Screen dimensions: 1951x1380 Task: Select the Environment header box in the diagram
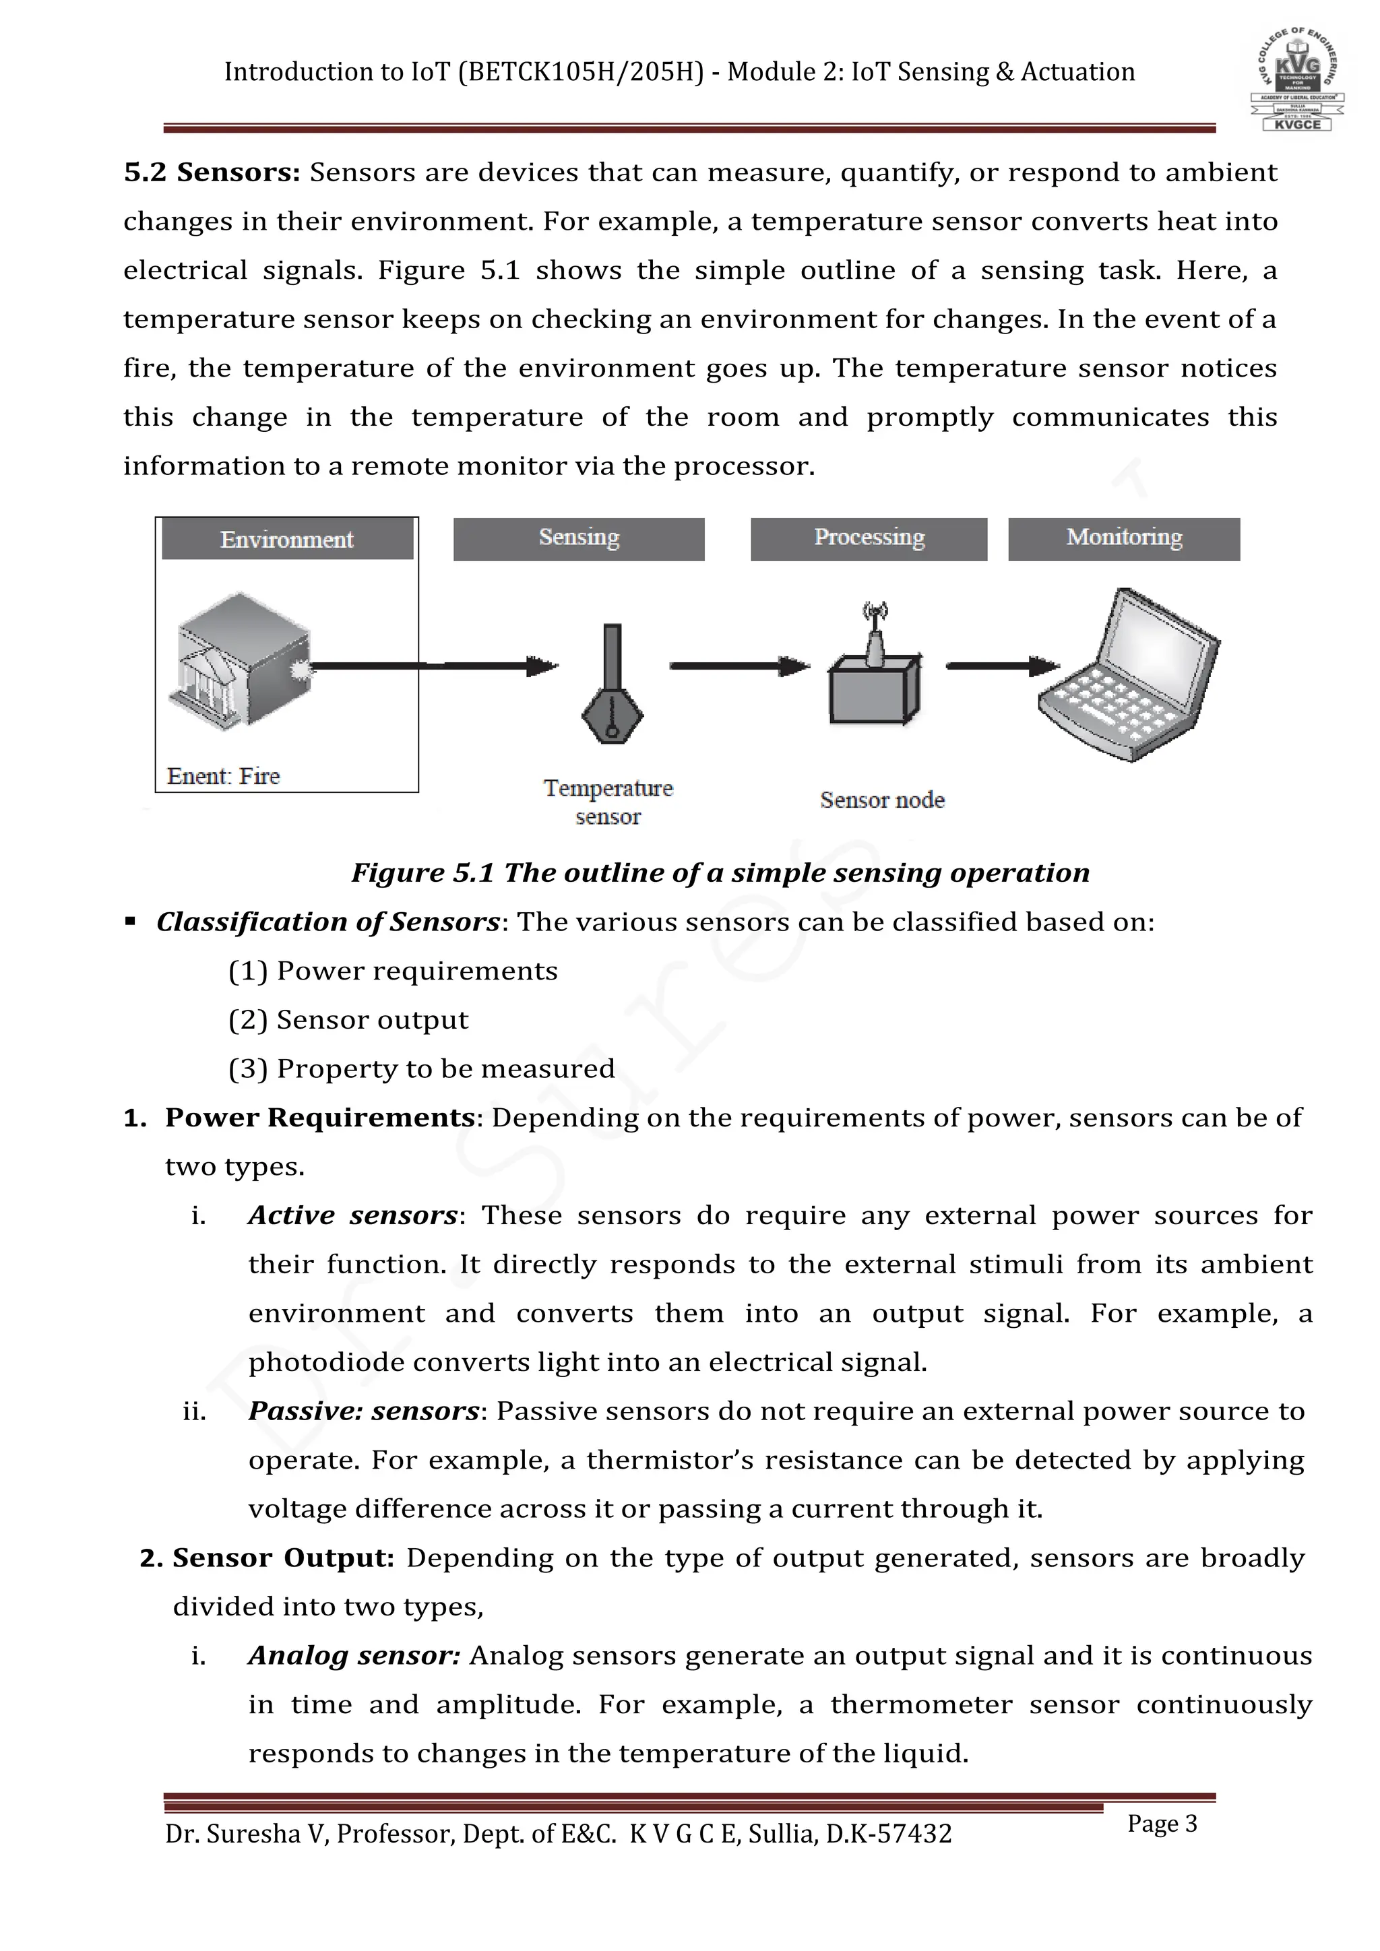287,540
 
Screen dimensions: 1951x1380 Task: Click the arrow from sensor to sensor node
739,666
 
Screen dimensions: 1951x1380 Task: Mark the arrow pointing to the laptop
1003,666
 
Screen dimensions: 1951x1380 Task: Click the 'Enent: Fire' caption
224,776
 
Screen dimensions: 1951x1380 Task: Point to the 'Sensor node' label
882,800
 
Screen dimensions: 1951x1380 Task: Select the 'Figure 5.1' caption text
720,872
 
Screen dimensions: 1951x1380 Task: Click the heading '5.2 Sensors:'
212,172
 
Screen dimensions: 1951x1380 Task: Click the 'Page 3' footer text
1162,1824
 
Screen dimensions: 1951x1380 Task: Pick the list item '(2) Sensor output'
348,1020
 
